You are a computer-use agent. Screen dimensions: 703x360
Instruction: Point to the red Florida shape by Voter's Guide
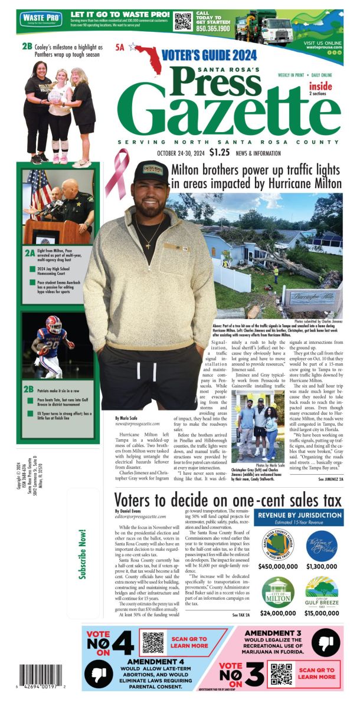coord(146,55)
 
